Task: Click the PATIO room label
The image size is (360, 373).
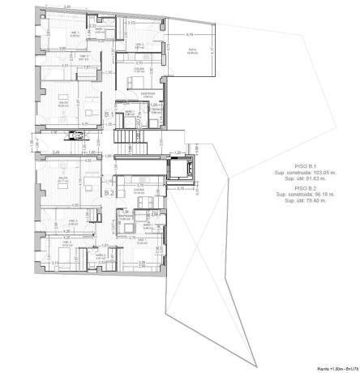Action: pos(191,51)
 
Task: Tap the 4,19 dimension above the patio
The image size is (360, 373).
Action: pos(188,34)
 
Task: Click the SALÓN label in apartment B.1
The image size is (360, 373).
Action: pos(62,103)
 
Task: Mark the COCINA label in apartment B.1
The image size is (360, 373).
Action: pos(139,70)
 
